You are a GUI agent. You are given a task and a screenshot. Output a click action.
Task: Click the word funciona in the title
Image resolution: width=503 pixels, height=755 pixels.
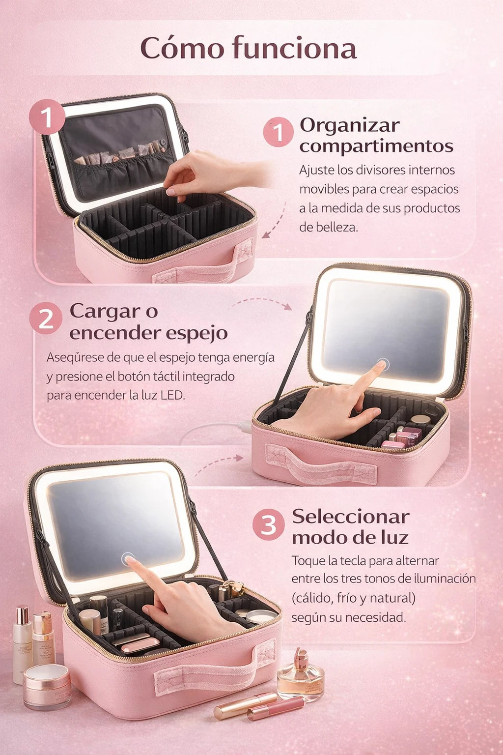pyautogui.click(x=294, y=49)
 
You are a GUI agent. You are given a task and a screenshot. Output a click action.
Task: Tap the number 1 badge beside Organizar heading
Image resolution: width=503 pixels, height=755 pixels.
pyautogui.click(x=279, y=132)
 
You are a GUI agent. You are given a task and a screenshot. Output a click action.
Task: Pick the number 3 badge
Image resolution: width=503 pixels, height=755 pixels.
pyautogui.click(x=269, y=524)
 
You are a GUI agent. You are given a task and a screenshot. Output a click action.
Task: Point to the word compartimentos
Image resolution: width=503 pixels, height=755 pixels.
pyautogui.click(x=376, y=146)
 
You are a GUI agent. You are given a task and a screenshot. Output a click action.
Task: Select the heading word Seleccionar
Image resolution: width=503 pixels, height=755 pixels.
pyautogui.click(x=351, y=517)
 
